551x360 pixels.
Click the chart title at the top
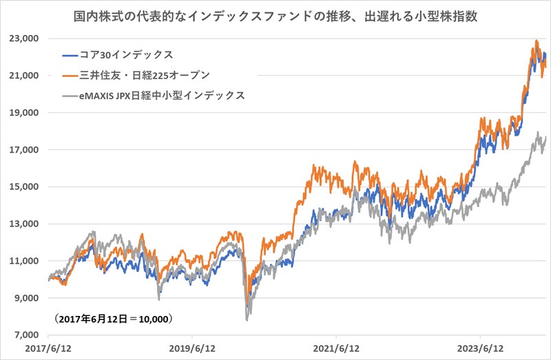click(275, 14)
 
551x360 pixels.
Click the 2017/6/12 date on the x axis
click(48, 349)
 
